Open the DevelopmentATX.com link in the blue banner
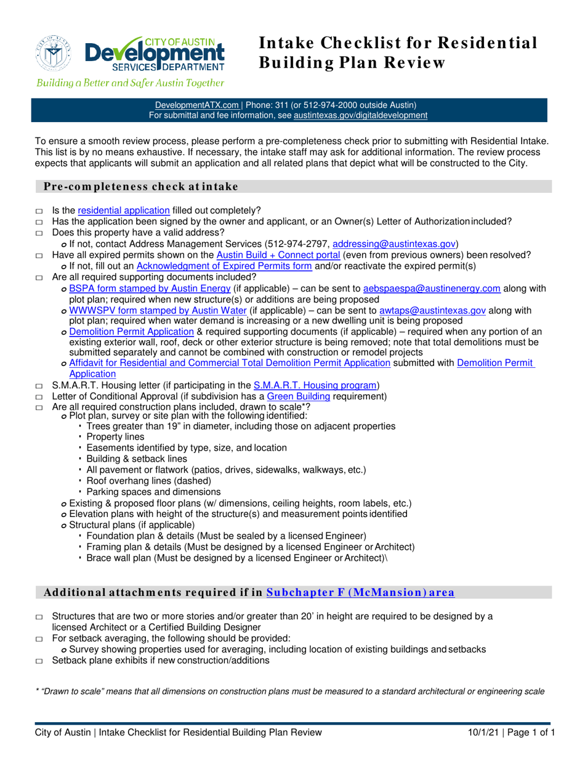(196, 105)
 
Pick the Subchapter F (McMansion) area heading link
(361, 593)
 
